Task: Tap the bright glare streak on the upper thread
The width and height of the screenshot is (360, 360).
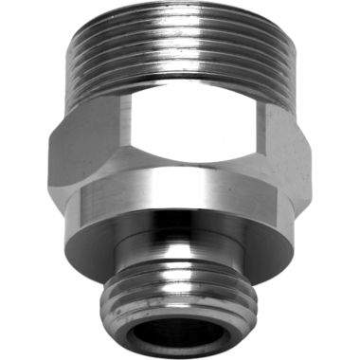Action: click(175, 52)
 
